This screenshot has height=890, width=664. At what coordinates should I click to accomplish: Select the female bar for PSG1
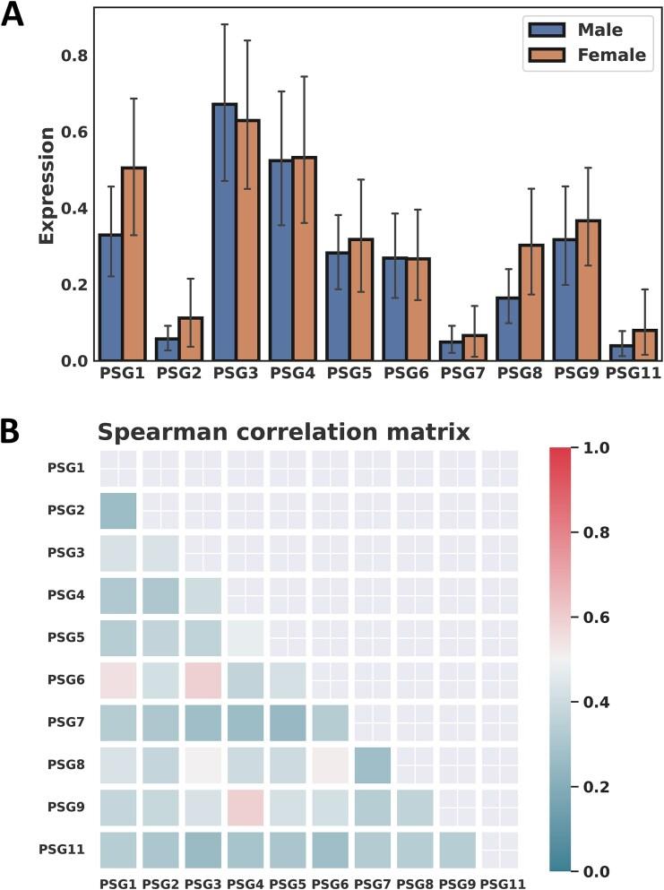(134, 264)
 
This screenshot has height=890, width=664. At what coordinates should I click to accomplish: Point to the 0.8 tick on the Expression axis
(73, 56)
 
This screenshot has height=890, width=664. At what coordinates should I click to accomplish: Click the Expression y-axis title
(47, 186)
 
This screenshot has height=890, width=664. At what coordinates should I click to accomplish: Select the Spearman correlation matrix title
(283, 432)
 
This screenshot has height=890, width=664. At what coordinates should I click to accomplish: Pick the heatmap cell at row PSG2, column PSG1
(117, 511)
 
